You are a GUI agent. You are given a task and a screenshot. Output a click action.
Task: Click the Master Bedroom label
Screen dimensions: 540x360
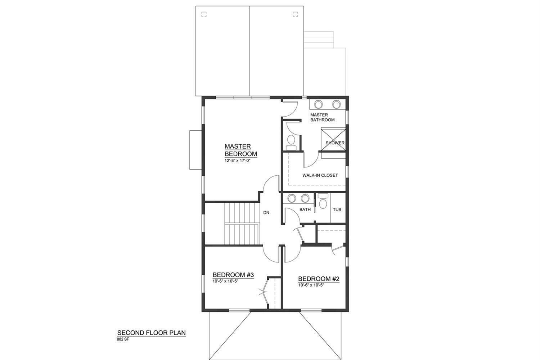(x=241, y=150)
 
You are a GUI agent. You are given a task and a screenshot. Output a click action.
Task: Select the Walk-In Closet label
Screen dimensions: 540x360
(x=320, y=175)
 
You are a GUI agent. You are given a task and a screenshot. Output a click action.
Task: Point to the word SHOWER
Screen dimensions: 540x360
(x=335, y=143)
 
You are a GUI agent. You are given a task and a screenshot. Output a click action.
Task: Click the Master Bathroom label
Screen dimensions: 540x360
(x=322, y=117)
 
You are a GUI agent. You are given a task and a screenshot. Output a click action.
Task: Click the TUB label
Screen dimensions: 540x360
(x=337, y=210)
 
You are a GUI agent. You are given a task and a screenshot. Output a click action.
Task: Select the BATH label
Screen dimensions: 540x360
(x=305, y=210)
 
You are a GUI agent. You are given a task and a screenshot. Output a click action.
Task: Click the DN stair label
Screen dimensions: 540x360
(x=266, y=213)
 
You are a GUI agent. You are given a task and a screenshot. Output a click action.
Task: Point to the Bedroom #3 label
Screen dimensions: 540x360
(x=233, y=275)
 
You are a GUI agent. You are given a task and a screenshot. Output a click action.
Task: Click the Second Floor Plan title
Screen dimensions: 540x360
(x=152, y=333)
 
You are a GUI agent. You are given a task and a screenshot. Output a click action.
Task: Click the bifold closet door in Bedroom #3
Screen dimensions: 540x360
(x=265, y=293)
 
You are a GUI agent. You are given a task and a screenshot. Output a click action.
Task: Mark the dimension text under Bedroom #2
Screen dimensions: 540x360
(x=311, y=285)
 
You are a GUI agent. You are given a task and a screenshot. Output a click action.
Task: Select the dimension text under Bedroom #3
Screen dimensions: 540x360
(x=225, y=281)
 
